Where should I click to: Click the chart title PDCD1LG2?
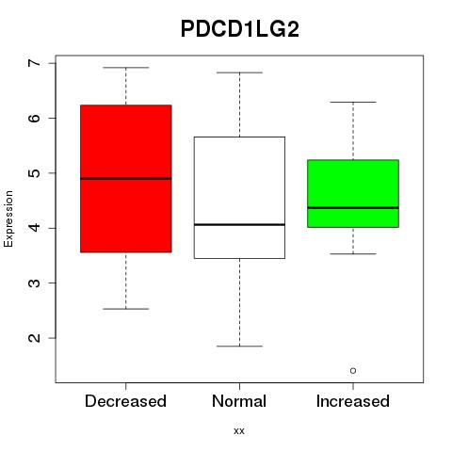pos(240,29)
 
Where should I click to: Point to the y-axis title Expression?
pos(8,218)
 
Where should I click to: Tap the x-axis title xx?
pos(239,430)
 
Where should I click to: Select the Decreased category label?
pos(125,401)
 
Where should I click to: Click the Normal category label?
pos(239,401)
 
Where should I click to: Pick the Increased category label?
pos(353,401)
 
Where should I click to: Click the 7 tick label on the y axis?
pos(34,63)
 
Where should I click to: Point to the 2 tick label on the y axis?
pos(34,338)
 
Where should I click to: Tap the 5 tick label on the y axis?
pos(34,173)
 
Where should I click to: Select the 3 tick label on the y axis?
pos(34,282)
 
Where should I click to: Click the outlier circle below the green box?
pos(353,371)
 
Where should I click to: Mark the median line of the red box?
pos(126,179)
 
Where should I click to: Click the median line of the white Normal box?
pos(239,224)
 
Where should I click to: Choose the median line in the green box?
pos(353,208)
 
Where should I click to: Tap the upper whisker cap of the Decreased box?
pos(126,68)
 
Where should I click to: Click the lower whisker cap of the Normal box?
pos(239,347)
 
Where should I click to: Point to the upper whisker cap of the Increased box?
pos(353,102)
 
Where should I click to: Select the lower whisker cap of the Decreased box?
pos(126,309)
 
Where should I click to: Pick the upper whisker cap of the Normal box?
pos(239,73)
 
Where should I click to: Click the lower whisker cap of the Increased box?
pos(353,253)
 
